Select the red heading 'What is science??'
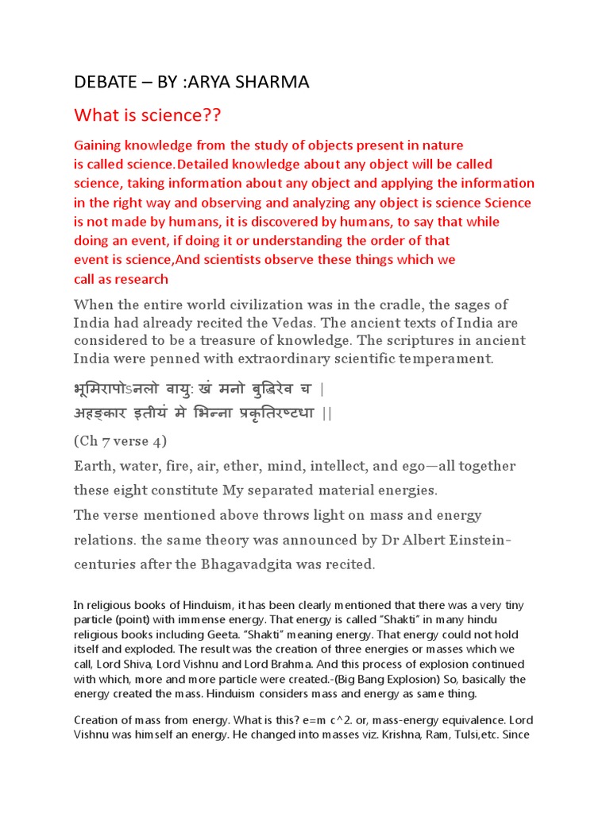[x=147, y=116]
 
